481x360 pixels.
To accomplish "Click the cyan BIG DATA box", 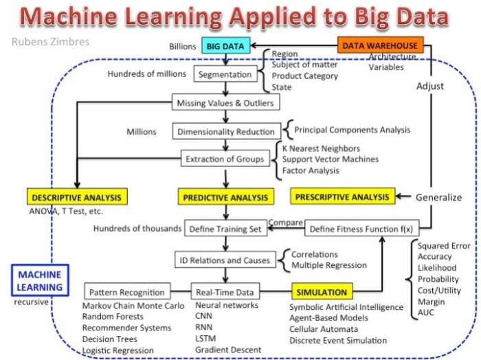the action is (x=226, y=46).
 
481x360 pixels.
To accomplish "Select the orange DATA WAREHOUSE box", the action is (x=381, y=45).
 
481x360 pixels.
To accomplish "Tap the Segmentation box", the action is (x=225, y=74).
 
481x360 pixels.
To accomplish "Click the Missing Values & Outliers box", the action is (x=225, y=102).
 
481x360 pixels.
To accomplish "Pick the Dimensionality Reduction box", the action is (x=226, y=131).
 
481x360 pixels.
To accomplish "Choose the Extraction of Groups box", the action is (x=225, y=159).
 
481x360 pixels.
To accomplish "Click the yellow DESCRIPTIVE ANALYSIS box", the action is (x=77, y=197).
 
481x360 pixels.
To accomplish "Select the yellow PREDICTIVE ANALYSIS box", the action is (x=226, y=197).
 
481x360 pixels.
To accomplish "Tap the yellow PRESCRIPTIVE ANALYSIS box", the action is (x=342, y=196).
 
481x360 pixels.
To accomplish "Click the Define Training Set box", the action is (x=225, y=229).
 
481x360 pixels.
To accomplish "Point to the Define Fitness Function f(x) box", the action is (x=361, y=229).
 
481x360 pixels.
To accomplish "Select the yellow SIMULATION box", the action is (x=322, y=291).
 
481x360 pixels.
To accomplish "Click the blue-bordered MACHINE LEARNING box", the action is (x=40, y=280).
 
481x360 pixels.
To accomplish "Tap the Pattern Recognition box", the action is (x=127, y=291).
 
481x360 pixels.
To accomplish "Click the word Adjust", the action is (x=430, y=86).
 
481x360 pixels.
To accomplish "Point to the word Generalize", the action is (x=438, y=197).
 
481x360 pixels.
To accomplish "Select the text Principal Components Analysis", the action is (x=352, y=130).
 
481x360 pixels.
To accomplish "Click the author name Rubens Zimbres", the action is (x=50, y=41).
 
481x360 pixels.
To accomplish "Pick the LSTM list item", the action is (x=205, y=338).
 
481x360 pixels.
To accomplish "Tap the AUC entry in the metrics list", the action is (x=426, y=313).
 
